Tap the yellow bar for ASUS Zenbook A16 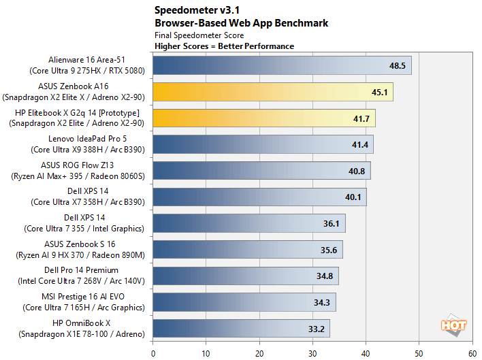[x=272, y=92]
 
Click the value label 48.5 [x=397, y=66]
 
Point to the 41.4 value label [x=359, y=145]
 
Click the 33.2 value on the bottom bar [x=315, y=329]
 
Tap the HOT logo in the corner [x=454, y=326]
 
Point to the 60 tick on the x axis [x=472, y=353]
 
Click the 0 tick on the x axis [x=153, y=353]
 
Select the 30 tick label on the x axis [x=312, y=353]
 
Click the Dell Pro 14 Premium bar [x=245, y=276]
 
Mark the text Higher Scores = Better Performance [x=225, y=46]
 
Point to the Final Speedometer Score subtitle [x=199, y=35]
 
